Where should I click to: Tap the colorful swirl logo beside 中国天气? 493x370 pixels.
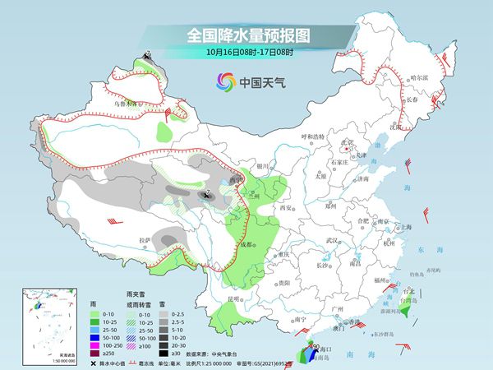(225, 81)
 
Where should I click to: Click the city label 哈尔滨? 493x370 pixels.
(420, 76)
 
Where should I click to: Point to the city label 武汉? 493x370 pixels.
(331, 240)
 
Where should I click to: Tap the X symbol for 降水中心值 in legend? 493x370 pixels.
(93, 363)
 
